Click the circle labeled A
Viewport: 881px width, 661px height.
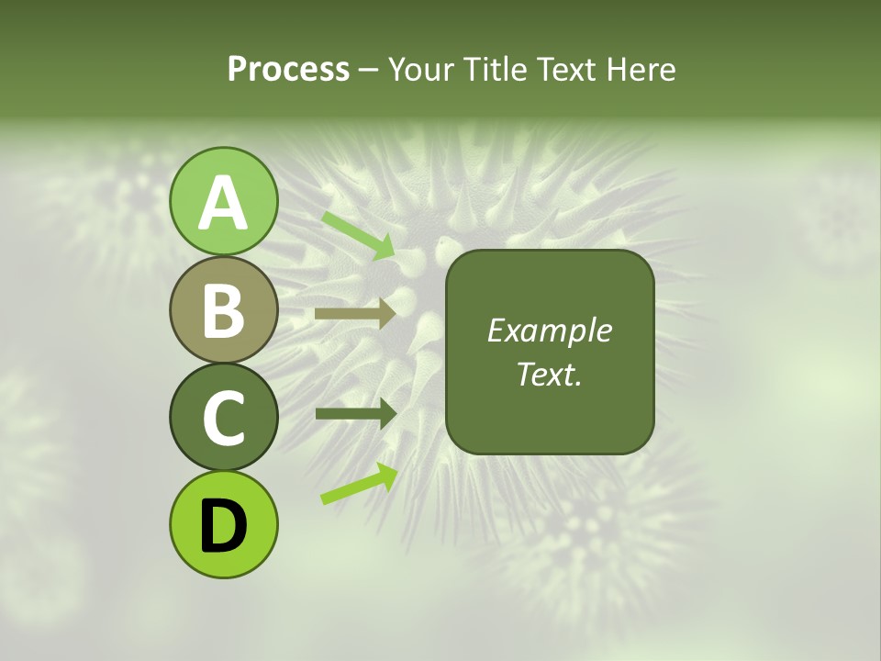[x=223, y=201]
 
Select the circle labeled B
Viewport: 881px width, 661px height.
[x=223, y=309]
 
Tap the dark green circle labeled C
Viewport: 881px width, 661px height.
[x=223, y=417]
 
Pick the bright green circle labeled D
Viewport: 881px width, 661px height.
[x=223, y=524]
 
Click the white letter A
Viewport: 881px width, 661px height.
[x=223, y=203]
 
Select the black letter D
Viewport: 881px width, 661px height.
[x=223, y=526]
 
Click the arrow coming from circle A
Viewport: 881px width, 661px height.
[x=358, y=234]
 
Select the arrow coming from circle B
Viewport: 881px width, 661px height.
[x=355, y=314]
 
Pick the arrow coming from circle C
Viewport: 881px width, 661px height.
[x=355, y=413]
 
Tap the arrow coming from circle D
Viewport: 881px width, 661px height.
[x=359, y=484]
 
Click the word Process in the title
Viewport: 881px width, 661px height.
[x=288, y=69]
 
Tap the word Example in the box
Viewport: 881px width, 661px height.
[x=549, y=331]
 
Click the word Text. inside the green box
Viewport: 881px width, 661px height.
[x=549, y=374]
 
